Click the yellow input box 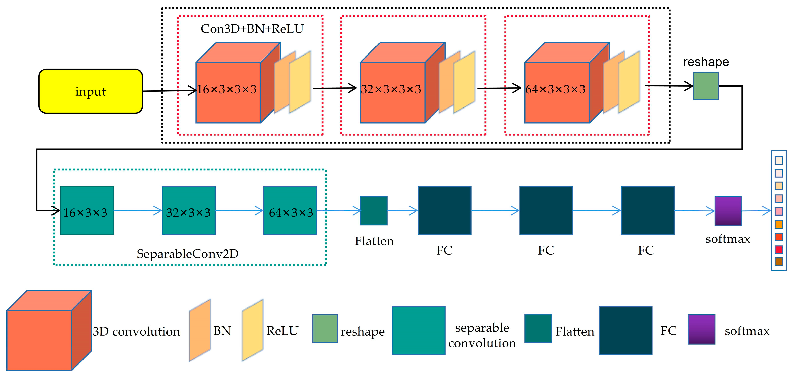click(91, 91)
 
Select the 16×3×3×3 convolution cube click(228, 92)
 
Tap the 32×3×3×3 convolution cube click(393, 92)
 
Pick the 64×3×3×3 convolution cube click(557, 92)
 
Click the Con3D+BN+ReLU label click(252, 29)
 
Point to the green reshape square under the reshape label click(705, 86)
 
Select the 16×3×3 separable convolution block click(87, 210)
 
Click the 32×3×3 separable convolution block click(188, 210)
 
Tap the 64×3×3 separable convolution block click(290, 210)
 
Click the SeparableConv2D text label click(187, 254)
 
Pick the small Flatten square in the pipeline click(373, 210)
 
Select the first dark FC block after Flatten click(444, 210)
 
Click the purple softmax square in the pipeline click(728, 211)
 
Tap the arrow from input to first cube click(169, 91)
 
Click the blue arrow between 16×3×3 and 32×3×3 click(138, 210)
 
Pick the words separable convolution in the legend click(482, 335)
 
